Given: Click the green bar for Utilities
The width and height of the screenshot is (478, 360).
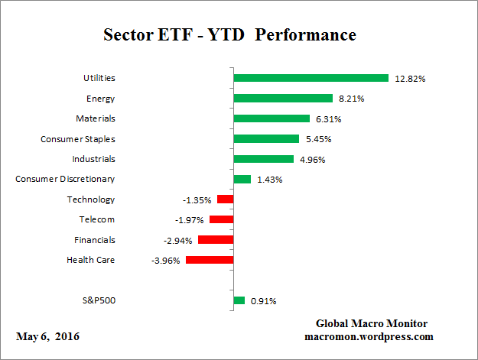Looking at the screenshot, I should [311, 78].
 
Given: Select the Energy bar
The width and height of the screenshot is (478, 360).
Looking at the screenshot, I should [283, 98].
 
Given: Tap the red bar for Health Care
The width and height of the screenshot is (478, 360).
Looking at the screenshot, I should [210, 260].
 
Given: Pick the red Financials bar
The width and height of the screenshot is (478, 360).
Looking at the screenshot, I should [216, 239].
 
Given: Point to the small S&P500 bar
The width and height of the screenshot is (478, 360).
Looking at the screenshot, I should [239, 300].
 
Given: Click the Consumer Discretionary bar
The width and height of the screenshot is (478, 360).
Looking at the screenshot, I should [242, 179].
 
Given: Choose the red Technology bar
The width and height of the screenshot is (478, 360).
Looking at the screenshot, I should [225, 199].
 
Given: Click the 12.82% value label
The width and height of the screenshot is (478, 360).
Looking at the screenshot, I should [410, 79].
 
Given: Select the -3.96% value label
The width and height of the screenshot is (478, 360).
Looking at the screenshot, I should [167, 261].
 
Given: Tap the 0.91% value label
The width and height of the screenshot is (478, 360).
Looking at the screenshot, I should [264, 301].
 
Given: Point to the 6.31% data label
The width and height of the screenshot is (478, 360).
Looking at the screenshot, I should [327, 119].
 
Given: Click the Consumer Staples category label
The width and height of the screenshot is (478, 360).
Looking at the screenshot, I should [77, 138].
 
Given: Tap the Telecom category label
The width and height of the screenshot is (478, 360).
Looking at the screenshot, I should [97, 219].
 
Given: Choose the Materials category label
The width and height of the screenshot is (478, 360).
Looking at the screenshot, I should [96, 118].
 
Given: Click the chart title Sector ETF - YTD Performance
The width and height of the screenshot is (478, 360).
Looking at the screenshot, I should [229, 35].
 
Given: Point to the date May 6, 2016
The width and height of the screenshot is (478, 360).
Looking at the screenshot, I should [47, 337].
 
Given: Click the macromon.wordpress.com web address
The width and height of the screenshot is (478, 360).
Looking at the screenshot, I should [369, 336].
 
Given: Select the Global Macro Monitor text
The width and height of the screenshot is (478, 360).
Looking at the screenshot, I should [371, 323].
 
